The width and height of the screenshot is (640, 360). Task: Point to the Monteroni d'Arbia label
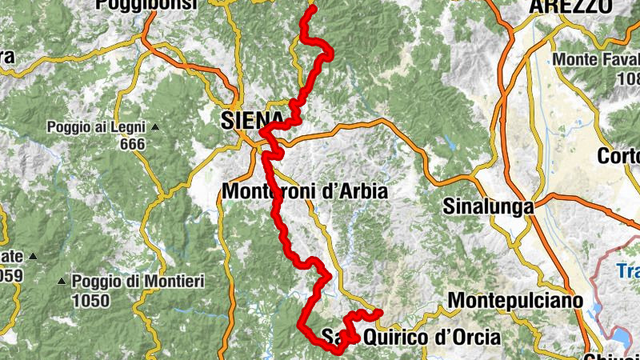(305, 192)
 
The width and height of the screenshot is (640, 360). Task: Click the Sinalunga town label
(487, 206)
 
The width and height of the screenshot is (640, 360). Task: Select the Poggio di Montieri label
(138, 282)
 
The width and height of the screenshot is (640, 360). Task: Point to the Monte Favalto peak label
(595, 61)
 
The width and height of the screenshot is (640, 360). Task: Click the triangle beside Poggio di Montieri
(62, 282)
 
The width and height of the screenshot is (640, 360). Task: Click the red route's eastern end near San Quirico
(379, 312)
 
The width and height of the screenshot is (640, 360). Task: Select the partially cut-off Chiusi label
(613, 356)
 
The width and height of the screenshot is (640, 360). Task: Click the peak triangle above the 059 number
(33, 256)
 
